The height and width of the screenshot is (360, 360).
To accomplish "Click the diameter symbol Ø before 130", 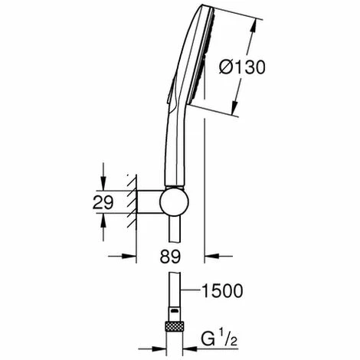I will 227,67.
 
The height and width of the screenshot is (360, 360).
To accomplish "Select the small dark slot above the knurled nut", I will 173,315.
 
